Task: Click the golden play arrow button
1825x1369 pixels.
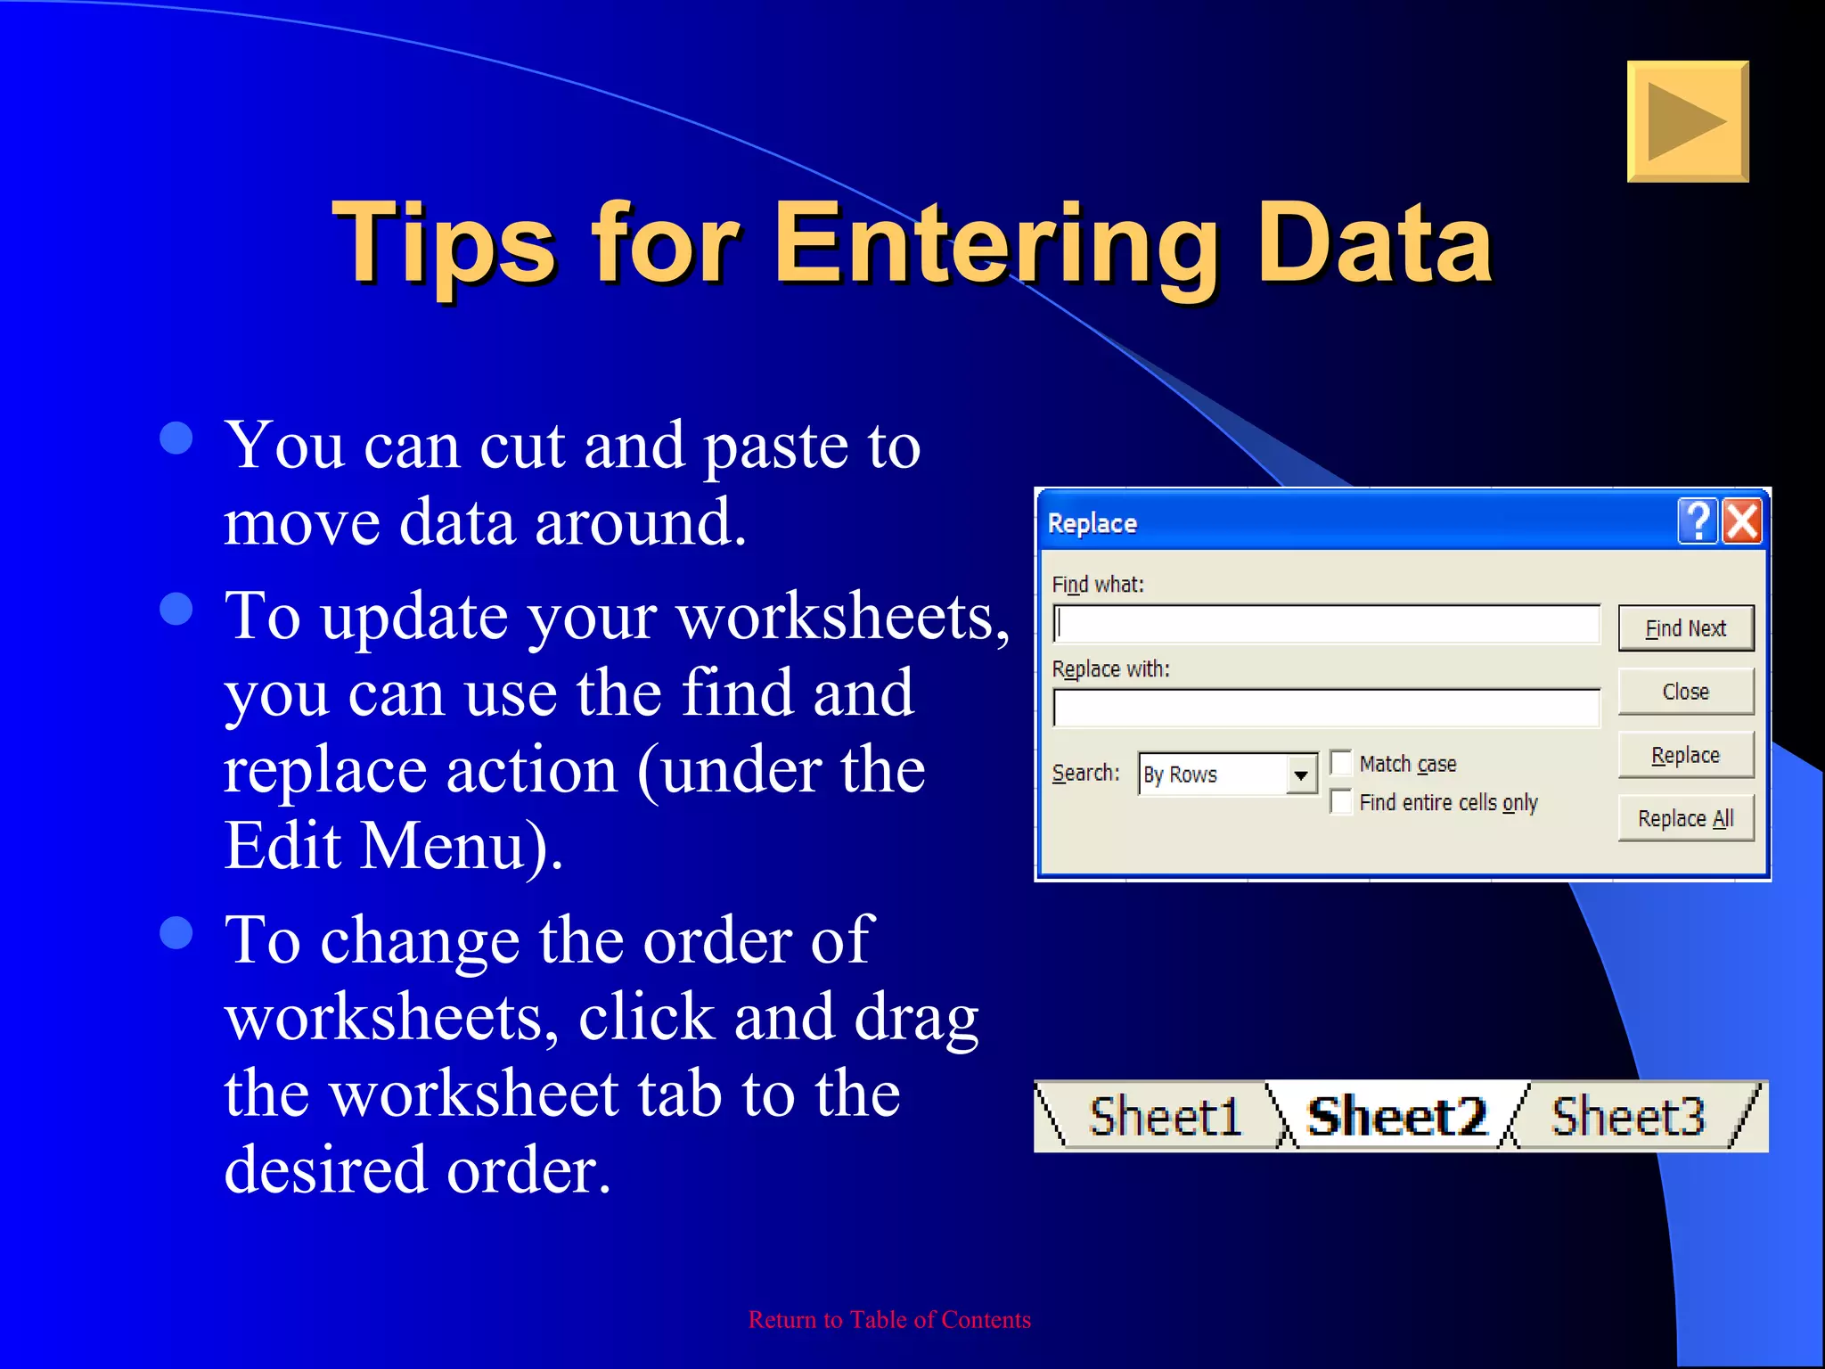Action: [1687, 122]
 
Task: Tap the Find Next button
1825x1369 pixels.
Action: [1685, 628]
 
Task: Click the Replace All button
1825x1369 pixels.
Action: [1685, 818]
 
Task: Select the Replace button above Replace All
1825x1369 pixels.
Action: [1685, 755]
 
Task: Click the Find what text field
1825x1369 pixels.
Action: [1326, 624]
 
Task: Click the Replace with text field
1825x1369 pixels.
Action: [1326, 709]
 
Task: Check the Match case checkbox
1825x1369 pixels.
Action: [1341, 763]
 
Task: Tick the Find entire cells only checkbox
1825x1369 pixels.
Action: [1341, 802]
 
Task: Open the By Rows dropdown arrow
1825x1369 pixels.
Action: [1301, 775]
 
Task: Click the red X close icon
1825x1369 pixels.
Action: [1742, 521]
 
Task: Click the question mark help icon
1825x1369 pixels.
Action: [1698, 521]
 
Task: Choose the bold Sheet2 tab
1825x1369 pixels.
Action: [1396, 1117]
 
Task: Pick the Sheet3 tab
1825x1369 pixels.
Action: [1627, 1117]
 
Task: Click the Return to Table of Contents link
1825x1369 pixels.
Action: [889, 1320]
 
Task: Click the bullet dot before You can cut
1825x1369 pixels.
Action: [176, 438]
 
